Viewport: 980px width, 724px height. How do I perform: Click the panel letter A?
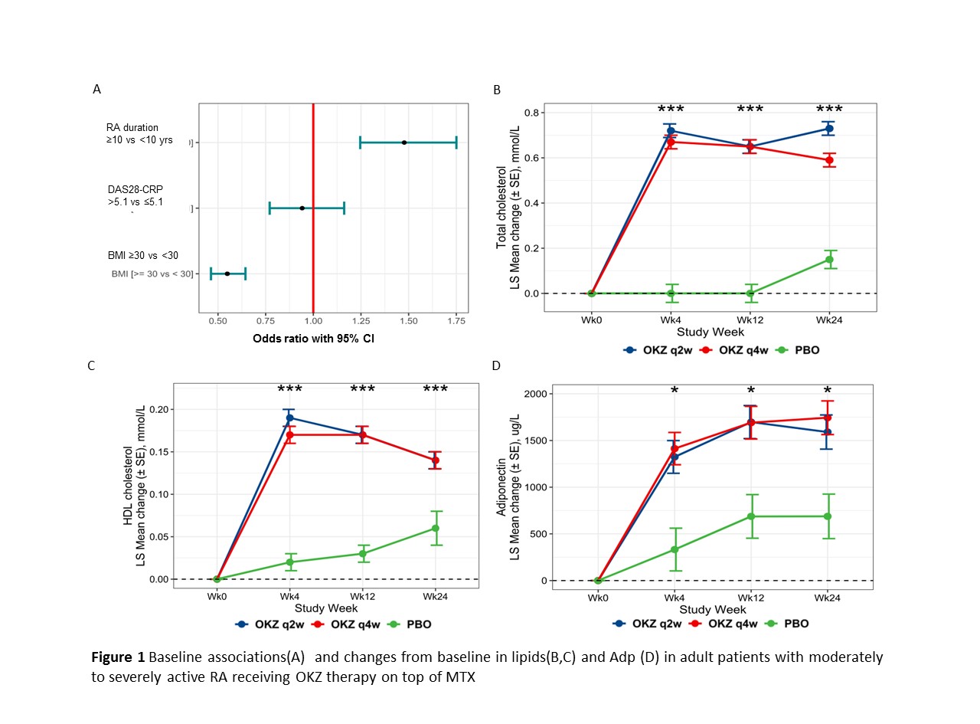96,90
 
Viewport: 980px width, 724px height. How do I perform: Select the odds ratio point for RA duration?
404,142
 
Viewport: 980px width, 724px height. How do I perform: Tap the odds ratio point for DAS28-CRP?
302,208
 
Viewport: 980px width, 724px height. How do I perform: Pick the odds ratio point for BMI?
227,274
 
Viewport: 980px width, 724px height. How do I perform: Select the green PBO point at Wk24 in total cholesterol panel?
829,260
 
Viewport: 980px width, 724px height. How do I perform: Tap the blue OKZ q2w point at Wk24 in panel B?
829,129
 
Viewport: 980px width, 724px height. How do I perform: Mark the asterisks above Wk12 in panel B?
750,110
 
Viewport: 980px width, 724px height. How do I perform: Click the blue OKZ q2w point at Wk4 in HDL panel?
289,418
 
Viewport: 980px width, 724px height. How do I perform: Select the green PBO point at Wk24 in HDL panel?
436,528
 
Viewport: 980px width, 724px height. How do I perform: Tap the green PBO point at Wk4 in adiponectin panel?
675,549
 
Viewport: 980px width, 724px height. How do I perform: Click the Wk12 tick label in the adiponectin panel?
751,598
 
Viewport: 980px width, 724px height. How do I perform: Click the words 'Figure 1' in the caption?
118,658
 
